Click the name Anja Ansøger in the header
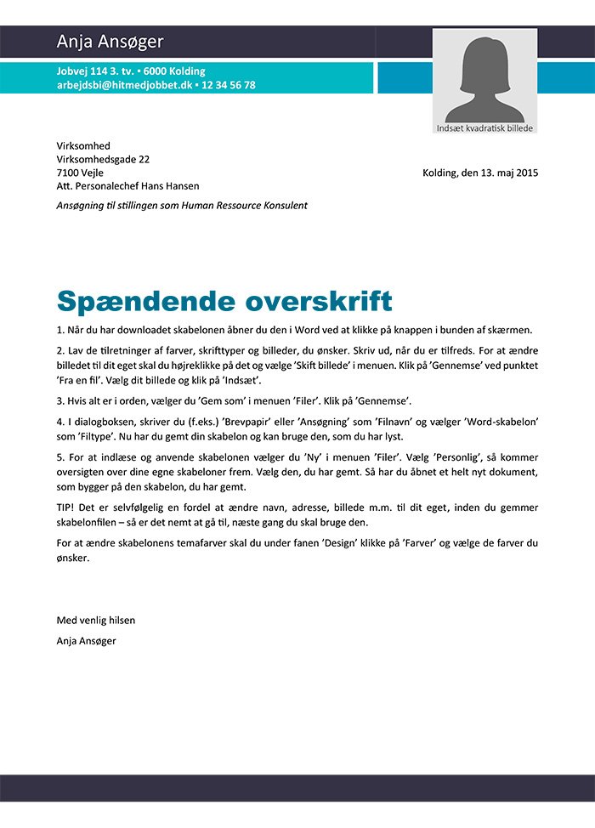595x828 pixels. tap(110, 42)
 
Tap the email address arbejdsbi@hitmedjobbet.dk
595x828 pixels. tap(124, 85)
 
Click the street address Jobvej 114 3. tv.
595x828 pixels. tap(93, 71)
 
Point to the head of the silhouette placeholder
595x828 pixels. tap(484, 59)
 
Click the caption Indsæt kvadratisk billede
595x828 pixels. tap(484, 128)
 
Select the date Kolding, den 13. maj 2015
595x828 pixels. tap(480, 173)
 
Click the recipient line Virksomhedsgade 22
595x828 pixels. tap(103, 159)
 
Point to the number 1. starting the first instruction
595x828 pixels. tap(60, 330)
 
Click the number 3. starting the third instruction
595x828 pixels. tap(60, 400)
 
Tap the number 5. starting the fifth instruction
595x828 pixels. tap(60, 457)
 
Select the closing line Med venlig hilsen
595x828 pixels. tap(95, 620)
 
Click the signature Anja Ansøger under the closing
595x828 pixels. tap(86, 640)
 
